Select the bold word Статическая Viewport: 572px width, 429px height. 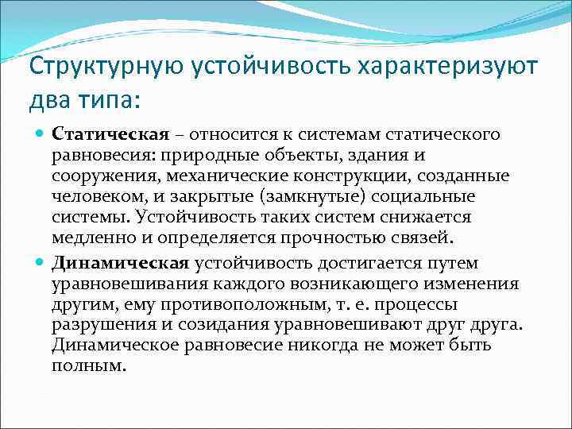click(x=110, y=133)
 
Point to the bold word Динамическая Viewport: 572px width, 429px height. click(x=120, y=264)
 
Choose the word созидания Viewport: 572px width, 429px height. click(x=207, y=325)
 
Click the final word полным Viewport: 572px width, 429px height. click(x=88, y=366)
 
